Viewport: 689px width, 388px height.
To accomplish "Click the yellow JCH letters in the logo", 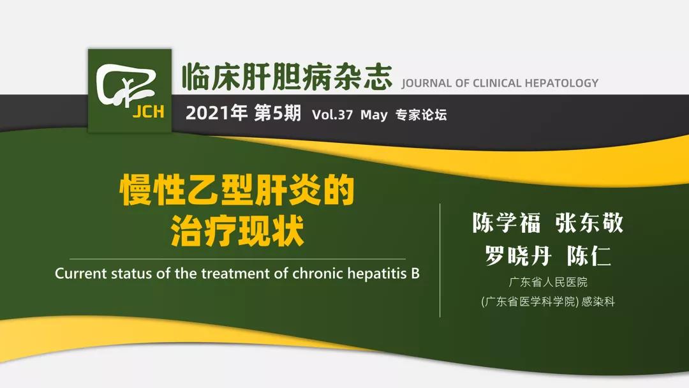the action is pos(148,112).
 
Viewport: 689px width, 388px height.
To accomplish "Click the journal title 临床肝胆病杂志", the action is pos(286,77).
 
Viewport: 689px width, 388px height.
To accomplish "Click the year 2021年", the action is pos(217,114).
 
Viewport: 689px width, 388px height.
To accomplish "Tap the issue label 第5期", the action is pos(278,114).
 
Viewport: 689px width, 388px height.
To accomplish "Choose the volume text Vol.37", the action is pos(332,115).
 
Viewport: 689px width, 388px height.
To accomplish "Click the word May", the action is pos(374,115).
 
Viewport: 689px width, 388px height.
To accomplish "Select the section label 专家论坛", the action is pos(421,115).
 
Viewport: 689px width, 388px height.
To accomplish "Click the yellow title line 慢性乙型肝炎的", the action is pos(237,190).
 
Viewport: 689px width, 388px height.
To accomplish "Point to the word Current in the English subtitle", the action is pos(81,274).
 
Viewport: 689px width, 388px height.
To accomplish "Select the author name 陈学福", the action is pos(506,223).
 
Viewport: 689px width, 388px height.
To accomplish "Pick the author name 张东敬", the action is pos(589,223).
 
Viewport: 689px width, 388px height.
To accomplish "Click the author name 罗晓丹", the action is pos(518,255).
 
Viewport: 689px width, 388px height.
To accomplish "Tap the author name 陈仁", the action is pos(589,255).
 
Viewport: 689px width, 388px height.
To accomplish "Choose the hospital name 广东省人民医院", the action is pos(548,282).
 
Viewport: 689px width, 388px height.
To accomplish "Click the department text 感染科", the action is pos(598,302).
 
